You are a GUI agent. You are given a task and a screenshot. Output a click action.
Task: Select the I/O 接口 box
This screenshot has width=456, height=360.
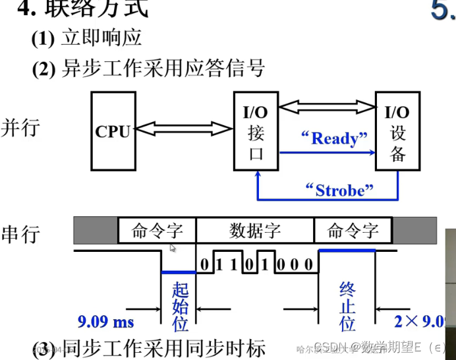[x=256, y=131]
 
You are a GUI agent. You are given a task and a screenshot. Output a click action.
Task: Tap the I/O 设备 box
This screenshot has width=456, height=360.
[x=397, y=133]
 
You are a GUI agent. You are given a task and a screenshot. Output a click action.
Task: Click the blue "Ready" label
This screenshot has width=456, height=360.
[x=333, y=138]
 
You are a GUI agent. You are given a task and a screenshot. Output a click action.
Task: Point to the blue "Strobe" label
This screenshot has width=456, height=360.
[x=340, y=190]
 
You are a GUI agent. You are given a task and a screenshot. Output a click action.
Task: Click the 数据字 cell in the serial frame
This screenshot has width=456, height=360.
[x=255, y=231]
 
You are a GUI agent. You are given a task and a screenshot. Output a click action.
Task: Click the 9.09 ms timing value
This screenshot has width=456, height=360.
[x=105, y=322]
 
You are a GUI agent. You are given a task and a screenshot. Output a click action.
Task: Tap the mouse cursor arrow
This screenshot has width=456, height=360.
[x=173, y=248]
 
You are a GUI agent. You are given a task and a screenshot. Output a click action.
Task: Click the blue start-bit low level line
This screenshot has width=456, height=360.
[x=179, y=272]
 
